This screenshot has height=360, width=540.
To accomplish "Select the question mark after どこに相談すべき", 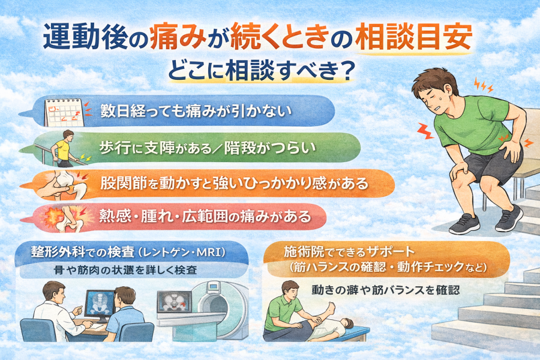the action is pos(347,71).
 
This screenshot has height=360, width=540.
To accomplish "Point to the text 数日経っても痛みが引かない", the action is pos(196,111).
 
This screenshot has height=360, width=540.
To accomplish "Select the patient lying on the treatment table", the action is pos(331,322).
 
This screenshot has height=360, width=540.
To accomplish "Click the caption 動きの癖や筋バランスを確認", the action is pos(386,290).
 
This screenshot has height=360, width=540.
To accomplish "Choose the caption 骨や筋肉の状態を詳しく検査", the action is pos(126,270).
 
